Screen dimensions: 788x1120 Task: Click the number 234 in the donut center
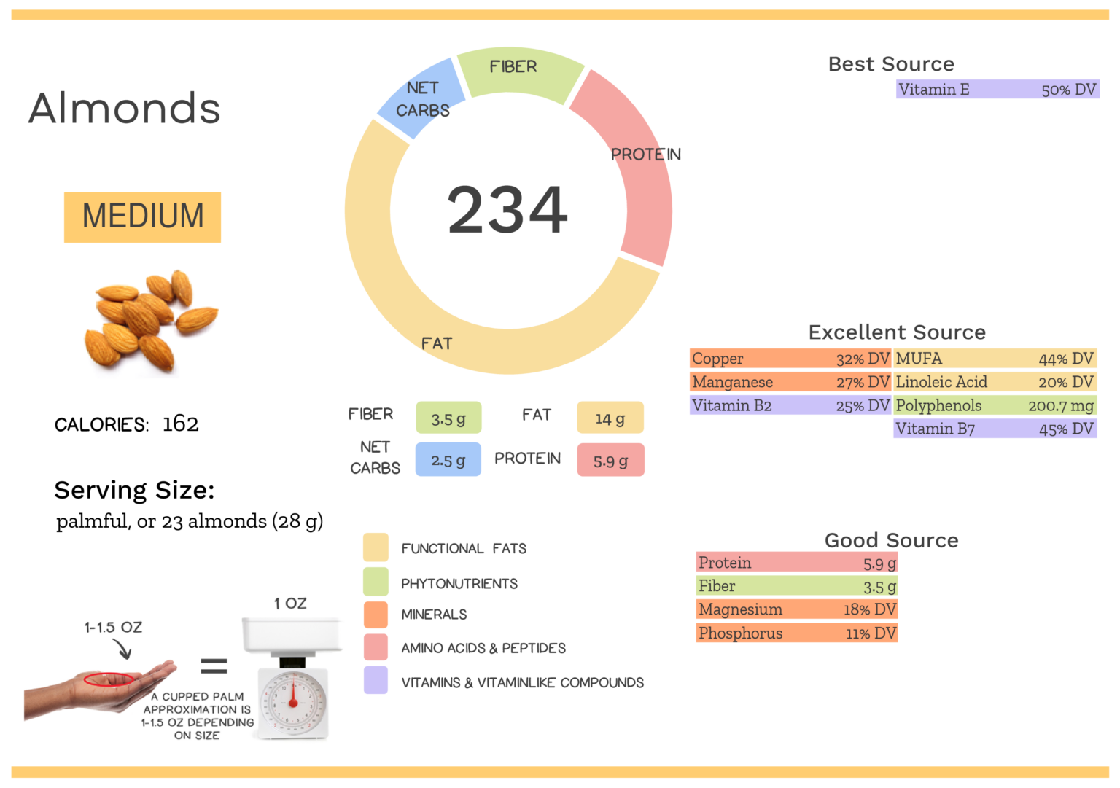click(507, 210)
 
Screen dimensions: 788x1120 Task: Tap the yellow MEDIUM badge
click(142, 216)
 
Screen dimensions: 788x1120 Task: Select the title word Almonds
click(124, 108)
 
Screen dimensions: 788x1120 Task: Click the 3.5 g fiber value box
click(448, 418)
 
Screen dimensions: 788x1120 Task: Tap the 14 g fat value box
click(610, 418)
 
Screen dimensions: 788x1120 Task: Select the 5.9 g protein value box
click(610, 460)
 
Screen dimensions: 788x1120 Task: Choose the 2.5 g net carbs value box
click(448, 460)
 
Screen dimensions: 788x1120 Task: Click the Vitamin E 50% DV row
click(997, 90)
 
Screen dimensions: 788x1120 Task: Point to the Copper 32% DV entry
click(790, 359)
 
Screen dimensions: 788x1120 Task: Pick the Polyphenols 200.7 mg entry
click(995, 405)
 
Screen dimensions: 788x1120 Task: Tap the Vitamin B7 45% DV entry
click(995, 429)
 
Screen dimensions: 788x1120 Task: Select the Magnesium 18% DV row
click(797, 609)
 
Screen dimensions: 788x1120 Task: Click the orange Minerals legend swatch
click(376, 615)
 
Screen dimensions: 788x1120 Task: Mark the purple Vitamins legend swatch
click(376, 680)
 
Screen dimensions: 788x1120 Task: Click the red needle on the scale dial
click(293, 693)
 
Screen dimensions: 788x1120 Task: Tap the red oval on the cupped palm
click(109, 680)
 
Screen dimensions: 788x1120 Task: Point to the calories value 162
click(180, 424)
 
